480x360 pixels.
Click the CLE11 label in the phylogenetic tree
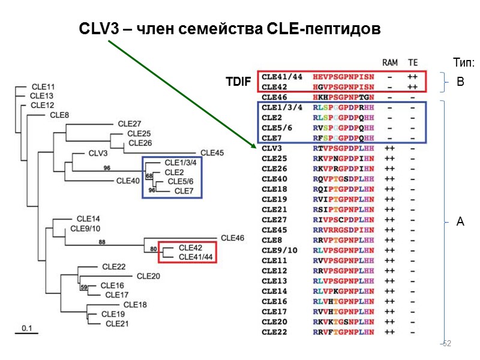point(42,87)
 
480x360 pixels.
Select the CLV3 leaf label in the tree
point(97,153)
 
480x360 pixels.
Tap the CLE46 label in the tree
point(233,238)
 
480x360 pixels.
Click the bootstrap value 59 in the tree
point(84,287)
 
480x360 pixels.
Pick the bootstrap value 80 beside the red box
point(153,249)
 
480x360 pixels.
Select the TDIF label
point(238,82)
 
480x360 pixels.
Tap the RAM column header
point(390,62)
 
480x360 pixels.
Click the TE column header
point(413,62)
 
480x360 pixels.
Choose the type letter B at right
point(460,82)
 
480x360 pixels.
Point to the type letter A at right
point(460,222)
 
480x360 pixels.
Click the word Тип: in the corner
point(464,62)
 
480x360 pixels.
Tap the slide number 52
point(446,344)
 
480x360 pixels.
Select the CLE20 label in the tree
point(148,276)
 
